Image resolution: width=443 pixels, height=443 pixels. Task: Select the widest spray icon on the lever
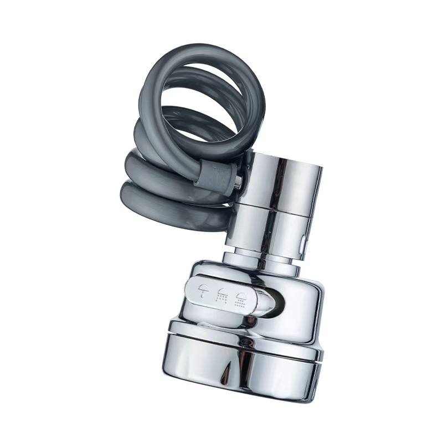coord(241,299)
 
